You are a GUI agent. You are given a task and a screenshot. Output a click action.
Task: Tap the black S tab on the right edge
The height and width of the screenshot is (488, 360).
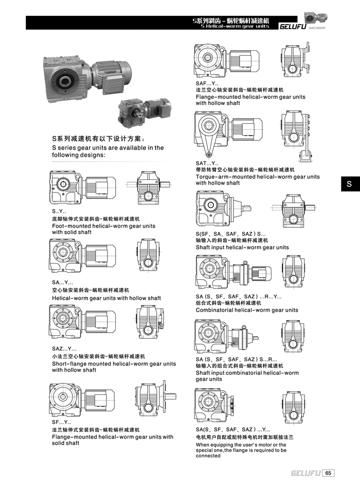point(348,184)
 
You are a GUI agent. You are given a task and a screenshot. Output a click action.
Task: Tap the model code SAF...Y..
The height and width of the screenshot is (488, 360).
point(207,83)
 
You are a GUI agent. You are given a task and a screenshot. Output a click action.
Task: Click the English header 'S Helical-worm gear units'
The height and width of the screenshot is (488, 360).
point(235,26)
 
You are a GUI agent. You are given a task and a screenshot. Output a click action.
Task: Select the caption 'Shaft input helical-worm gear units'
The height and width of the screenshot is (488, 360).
point(242,247)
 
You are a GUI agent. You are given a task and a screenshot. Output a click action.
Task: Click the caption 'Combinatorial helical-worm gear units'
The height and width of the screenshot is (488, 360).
point(247,310)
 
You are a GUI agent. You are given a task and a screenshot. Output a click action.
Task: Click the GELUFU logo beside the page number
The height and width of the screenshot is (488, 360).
point(305,473)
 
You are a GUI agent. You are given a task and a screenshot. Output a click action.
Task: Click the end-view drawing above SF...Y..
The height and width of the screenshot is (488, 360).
point(153,400)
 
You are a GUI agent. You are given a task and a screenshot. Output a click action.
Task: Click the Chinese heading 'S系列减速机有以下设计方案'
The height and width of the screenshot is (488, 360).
point(98,139)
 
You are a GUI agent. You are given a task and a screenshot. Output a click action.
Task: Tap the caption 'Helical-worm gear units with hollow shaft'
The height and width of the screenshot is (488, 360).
point(106,298)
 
